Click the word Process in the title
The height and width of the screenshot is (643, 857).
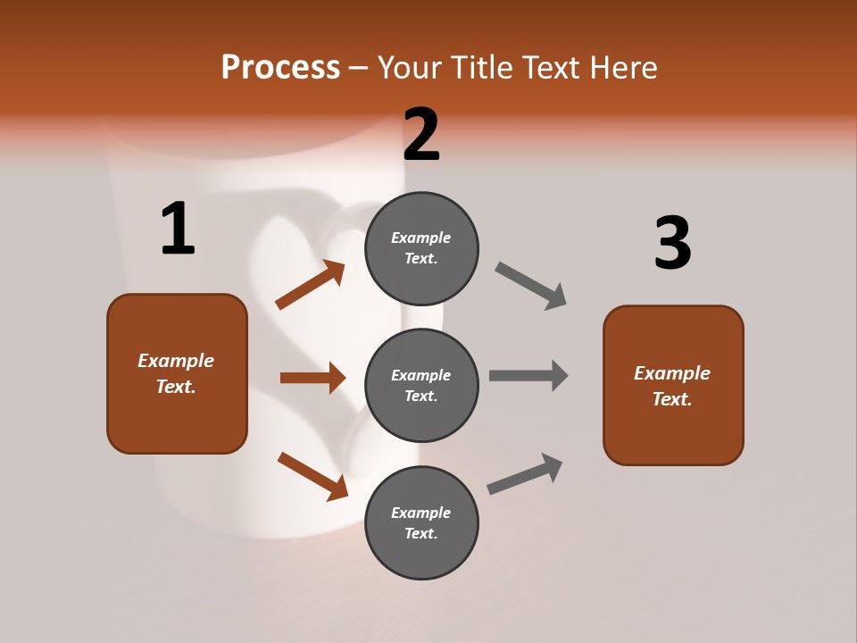(x=280, y=67)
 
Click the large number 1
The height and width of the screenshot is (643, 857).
(x=178, y=229)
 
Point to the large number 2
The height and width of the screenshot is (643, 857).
(x=421, y=134)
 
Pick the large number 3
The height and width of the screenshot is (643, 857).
(x=672, y=243)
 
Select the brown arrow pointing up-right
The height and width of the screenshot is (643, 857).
(x=311, y=285)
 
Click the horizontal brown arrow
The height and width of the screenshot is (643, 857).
(x=312, y=378)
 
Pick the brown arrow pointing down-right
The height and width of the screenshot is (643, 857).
(x=312, y=476)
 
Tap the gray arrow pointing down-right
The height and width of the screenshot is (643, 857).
(x=530, y=286)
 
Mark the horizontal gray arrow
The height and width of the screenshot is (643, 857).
(x=528, y=375)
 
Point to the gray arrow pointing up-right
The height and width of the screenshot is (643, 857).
(x=525, y=473)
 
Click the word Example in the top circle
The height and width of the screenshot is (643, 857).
(x=421, y=238)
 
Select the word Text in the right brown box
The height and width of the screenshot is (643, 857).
(x=671, y=399)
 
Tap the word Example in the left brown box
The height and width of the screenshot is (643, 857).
(x=176, y=361)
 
